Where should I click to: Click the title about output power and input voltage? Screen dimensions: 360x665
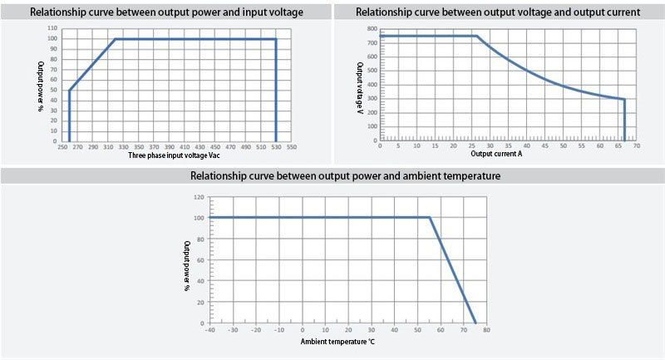click(166, 12)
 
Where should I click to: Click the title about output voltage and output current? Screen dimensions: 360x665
click(498, 12)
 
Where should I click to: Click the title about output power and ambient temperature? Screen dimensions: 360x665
click(332, 176)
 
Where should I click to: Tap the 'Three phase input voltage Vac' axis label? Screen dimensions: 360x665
click(172, 155)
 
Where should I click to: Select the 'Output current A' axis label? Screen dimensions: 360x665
click(497, 154)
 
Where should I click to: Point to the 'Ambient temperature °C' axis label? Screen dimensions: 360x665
click(337, 342)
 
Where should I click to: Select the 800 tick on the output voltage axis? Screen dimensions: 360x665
click(371, 28)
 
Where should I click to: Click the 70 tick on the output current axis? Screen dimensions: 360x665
click(636, 146)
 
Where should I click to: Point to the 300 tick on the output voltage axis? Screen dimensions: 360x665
click(371, 99)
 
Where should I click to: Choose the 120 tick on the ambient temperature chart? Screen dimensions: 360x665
click(197, 197)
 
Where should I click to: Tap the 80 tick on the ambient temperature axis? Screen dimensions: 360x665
click(486, 330)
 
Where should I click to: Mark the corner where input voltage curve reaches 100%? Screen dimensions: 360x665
click(114, 39)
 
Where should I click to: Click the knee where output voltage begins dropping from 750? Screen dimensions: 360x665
click(476, 36)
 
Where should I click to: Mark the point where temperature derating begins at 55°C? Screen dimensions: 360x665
click(430, 218)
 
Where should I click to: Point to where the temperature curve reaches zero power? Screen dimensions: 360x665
click(475, 323)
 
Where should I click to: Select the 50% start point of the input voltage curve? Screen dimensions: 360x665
click(69, 91)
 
